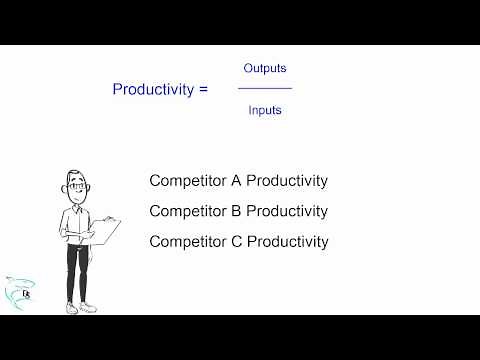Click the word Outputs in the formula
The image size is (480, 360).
pyautogui.click(x=265, y=68)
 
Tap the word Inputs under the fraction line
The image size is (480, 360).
pyautogui.click(x=265, y=110)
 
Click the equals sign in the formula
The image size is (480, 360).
pyautogui.click(x=204, y=89)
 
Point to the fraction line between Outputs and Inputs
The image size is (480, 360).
pyautogui.click(x=265, y=89)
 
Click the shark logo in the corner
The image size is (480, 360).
pyautogui.click(x=18, y=292)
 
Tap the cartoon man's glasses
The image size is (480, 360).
pyautogui.click(x=76, y=186)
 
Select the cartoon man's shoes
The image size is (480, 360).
pyautogui.click(x=80, y=308)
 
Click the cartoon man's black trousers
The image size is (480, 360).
pyautogui.click(x=79, y=270)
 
